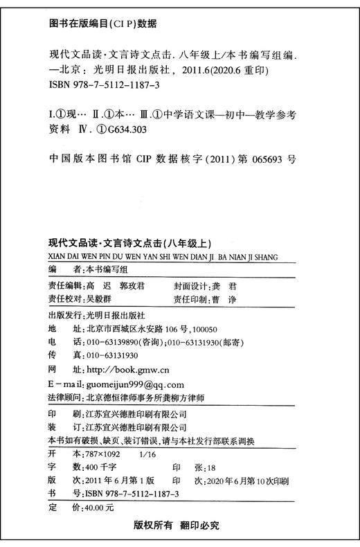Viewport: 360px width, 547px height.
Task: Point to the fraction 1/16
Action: (149, 454)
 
